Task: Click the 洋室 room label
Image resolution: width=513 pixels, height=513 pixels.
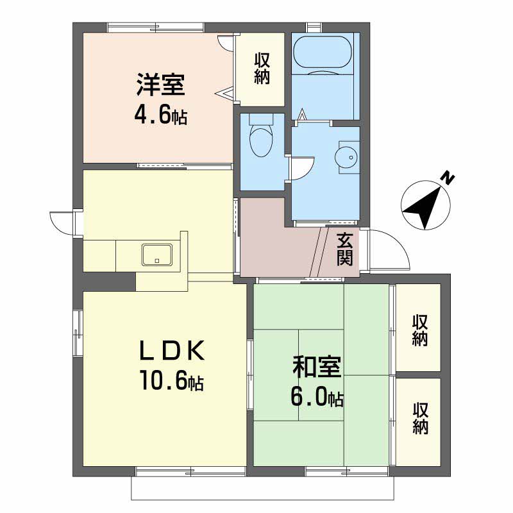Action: click(161, 85)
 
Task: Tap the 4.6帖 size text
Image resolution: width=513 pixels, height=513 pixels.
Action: click(161, 115)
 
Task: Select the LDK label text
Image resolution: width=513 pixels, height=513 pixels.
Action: click(172, 350)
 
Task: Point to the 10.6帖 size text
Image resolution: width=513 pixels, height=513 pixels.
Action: click(172, 380)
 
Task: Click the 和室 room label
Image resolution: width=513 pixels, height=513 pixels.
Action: click(317, 366)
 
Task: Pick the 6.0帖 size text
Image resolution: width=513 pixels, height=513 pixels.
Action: click(317, 397)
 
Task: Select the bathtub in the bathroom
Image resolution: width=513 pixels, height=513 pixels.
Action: click(323, 52)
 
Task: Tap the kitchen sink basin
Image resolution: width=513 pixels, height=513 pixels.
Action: click(157, 255)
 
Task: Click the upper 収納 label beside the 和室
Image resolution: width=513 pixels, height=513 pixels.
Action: click(420, 330)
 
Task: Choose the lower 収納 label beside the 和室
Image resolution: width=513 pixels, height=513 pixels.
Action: click(420, 419)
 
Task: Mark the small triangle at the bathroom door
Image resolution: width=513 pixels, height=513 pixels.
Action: click(303, 115)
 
